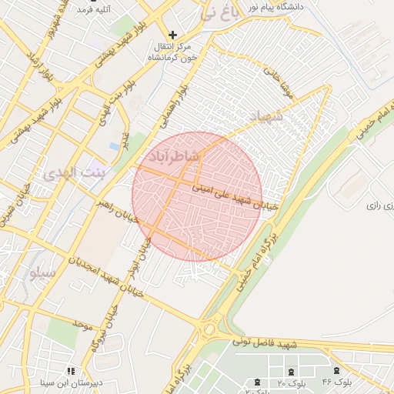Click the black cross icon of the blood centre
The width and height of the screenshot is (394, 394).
(173, 35)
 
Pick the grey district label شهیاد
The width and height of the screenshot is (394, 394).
(266, 116)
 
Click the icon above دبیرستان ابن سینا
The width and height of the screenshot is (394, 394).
(71, 370)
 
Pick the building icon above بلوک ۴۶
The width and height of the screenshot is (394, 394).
(338, 371)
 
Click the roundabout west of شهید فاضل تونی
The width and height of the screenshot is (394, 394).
(209, 329)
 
